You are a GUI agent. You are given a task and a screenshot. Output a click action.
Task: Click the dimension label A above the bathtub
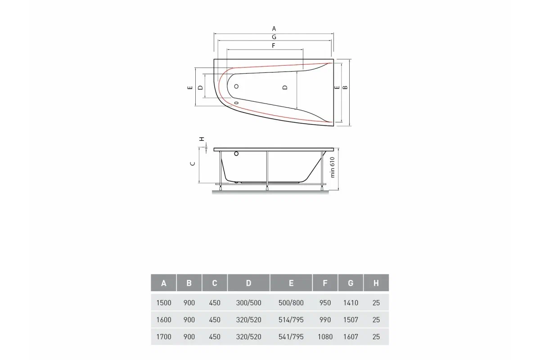(x=274, y=29)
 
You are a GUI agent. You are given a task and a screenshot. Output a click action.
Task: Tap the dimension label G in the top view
(x=274, y=37)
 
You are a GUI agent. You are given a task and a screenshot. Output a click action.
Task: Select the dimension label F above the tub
(x=274, y=45)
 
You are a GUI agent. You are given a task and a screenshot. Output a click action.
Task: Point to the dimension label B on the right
(x=345, y=87)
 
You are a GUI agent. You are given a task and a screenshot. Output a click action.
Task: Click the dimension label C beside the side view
(x=193, y=164)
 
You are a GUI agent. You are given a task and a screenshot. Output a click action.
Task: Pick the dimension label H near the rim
(x=202, y=139)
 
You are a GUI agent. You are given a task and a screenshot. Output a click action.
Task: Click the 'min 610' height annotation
(x=333, y=167)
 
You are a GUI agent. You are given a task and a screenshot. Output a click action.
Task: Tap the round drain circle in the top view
(x=236, y=86)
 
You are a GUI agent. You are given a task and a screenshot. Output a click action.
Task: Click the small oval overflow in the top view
(x=236, y=103)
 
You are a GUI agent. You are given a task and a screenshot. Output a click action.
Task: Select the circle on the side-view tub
(x=236, y=153)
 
